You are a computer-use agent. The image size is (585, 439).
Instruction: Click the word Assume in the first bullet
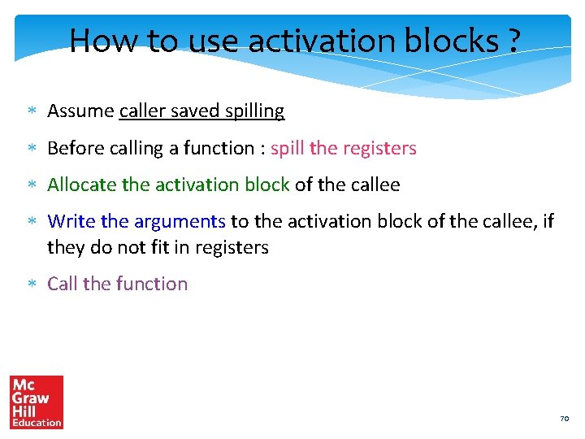[80, 111]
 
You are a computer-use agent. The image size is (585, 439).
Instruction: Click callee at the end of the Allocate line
[375, 185]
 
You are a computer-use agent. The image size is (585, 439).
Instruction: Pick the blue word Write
[71, 221]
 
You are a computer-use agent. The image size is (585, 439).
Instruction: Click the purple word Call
[63, 284]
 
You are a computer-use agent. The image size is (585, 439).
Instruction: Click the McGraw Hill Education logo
[37, 402]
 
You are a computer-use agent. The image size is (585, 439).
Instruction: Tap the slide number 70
[564, 419]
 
